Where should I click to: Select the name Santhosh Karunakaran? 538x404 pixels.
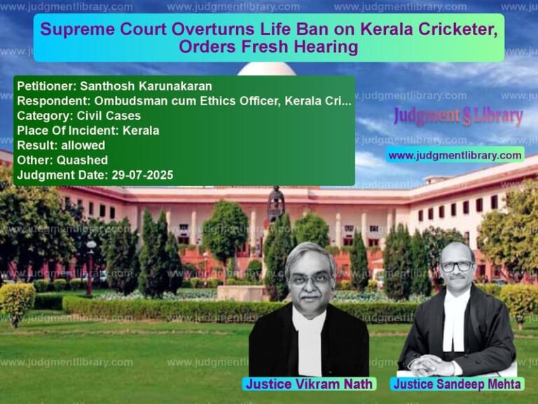pyautogui.click(x=146, y=86)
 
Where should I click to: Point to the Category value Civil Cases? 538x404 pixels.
pyautogui.click(x=109, y=116)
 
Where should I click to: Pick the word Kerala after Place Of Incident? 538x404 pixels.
pyautogui.click(x=141, y=130)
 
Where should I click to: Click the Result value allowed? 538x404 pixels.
pyautogui.click(x=83, y=145)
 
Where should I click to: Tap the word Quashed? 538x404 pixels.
pyautogui.click(x=83, y=160)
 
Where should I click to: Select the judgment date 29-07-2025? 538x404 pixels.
pyautogui.click(x=142, y=175)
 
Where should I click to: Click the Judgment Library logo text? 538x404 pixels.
pyautogui.click(x=458, y=116)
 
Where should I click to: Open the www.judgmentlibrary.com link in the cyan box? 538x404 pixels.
pyautogui.click(x=455, y=155)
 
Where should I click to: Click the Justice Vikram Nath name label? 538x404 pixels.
pyautogui.click(x=309, y=384)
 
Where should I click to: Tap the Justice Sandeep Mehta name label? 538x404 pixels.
pyautogui.click(x=457, y=384)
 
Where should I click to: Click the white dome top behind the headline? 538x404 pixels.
pyautogui.click(x=267, y=69)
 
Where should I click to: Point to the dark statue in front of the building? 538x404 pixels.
pyautogui.click(x=276, y=203)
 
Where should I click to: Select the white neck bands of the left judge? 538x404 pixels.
pyautogui.click(x=308, y=344)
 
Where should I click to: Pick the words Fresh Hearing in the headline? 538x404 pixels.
pyautogui.click(x=300, y=47)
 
